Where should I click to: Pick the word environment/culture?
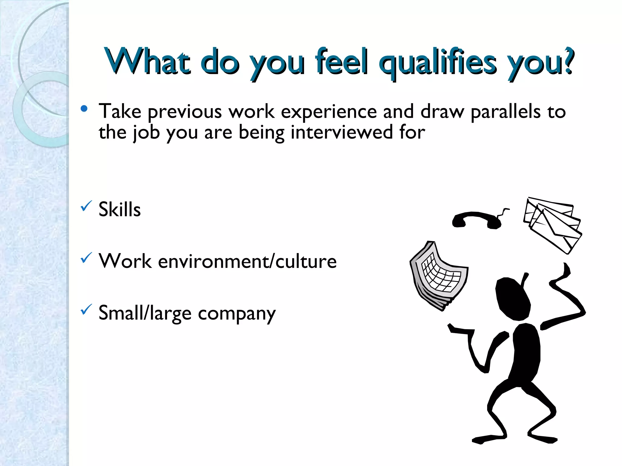247,261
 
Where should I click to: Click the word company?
237,314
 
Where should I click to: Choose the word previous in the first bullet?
185,112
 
